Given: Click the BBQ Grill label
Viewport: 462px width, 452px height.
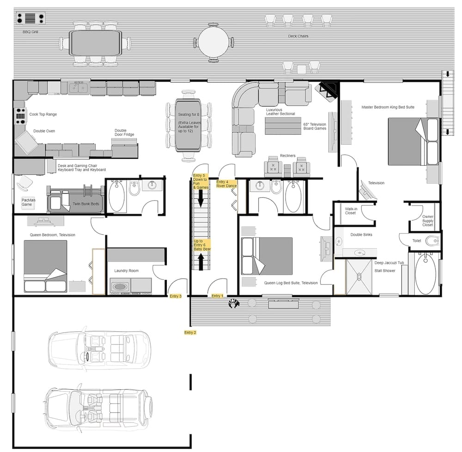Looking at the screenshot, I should [x=31, y=32].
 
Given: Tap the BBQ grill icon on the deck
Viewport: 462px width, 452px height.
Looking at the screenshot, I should [x=30, y=18].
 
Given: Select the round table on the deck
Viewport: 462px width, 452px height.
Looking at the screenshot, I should [x=213, y=42].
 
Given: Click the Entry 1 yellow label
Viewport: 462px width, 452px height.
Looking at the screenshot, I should [x=217, y=296].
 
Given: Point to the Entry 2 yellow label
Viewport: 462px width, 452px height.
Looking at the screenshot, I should [x=190, y=333].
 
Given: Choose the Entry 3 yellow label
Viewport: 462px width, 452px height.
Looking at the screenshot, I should [x=176, y=296].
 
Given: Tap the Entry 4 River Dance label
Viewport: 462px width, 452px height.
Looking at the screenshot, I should [x=226, y=184].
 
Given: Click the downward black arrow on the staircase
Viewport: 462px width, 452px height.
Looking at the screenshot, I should [x=201, y=198].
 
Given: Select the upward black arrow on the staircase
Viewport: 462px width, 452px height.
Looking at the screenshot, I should [x=201, y=262].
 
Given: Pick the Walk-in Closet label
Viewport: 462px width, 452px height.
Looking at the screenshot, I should [x=351, y=210].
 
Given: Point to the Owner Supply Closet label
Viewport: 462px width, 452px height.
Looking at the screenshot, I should [x=427, y=220].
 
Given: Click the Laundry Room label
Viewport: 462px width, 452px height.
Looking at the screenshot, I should [x=126, y=271].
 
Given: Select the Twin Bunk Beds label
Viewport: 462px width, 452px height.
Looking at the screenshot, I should [x=85, y=203].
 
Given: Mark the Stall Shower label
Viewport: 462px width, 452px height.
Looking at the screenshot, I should [x=385, y=271].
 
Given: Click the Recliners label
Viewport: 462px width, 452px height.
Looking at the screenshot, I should [x=287, y=156].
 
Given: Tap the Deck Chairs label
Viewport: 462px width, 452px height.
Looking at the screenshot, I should [x=298, y=36].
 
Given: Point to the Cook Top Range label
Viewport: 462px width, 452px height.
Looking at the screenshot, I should [x=43, y=114].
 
